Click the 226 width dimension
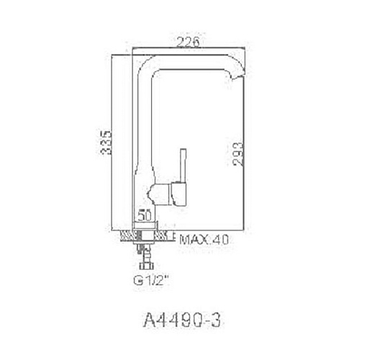click(188, 42)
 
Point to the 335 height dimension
click(107, 143)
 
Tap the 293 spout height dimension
click(238, 154)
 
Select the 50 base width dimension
click(145, 215)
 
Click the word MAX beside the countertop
click(194, 240)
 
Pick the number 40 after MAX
click(220, 240)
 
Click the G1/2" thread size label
click(151, 280)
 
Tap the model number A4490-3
click(182, 320)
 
